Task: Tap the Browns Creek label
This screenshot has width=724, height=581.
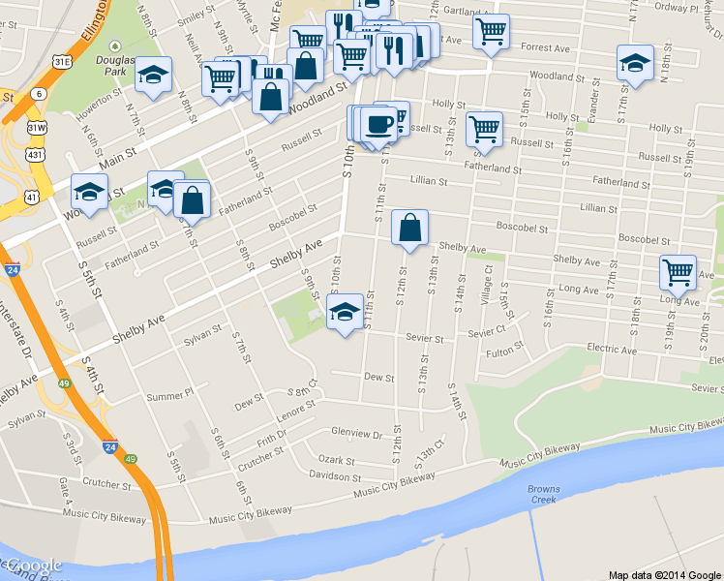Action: pyautogui.click(x=544, y=494)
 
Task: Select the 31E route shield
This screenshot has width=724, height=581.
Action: pyautogui.click(x=62, y=61)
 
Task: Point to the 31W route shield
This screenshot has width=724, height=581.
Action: pyautogui.click(x=36, y=128)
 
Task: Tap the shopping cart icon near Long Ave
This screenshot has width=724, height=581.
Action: pyautogui.click(x=678, y=272)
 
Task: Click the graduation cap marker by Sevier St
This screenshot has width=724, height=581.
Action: pyautogui.click(x=344, y=312)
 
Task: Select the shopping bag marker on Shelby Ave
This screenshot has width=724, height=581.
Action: pyautogui.click(x=409, y=229)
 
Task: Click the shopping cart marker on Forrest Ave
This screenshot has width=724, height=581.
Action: pyautogui.click(x=491, y=31)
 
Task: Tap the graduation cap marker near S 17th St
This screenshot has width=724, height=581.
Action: pyautogui.click(x=634, y=63)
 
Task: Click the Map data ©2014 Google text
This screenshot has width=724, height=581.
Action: pyautogui.click(x=664, y=574)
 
